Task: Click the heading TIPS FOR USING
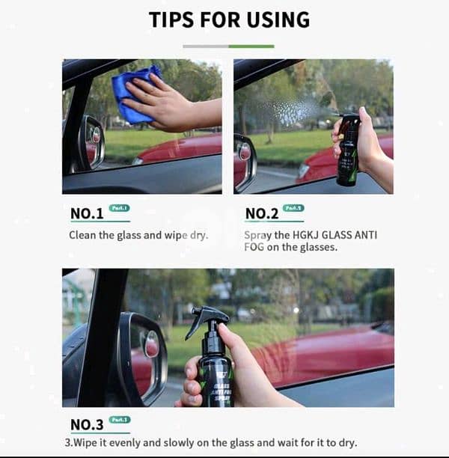[x=227, y=19]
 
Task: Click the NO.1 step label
[x=87, y=214]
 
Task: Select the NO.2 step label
[x=262, y=214]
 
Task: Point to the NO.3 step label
[x=87, y=424]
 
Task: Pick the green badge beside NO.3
[x=120, y=420]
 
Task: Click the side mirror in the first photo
[x=91, y=142]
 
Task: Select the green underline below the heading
[x=251, y=46]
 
